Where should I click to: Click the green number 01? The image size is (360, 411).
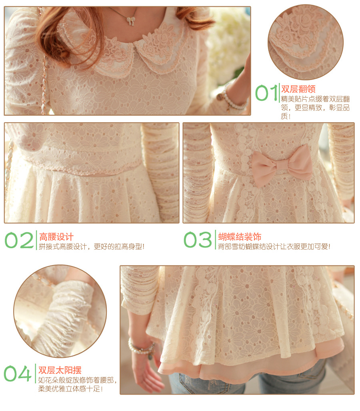pyautogui.click(x=266, y=92)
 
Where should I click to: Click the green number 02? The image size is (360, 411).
pyautogui.click(x=19, y=240)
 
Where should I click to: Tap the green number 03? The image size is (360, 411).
pyautogui.click(x=198, y=239)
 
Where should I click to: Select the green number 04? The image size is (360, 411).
pyautogui.click(x=18, y=373)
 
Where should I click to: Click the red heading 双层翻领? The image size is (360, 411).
pyautogui.click(x=298, y=89)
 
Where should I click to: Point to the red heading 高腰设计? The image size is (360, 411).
pyautogui.click(x=56, y=237)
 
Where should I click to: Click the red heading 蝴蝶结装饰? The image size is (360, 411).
pyautogui.click(x=240, y=237)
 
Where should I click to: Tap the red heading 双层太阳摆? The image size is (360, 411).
pyautogui.click(x=60, y=370)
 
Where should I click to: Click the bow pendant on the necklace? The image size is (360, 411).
pyautogui.click(x=130, y=21)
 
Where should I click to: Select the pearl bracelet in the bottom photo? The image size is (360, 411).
pyautogui.click(x=142, y=348)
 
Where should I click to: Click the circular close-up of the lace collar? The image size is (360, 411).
pyautogui.click(x=306, y=42)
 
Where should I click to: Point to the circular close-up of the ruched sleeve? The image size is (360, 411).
pyautogui.click(x=60, y=311)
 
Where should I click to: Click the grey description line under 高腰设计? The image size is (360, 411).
pyautogui.click(x=92, y=247)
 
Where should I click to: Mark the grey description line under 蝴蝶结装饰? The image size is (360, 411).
pyautogui.click(x=274, y=247)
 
